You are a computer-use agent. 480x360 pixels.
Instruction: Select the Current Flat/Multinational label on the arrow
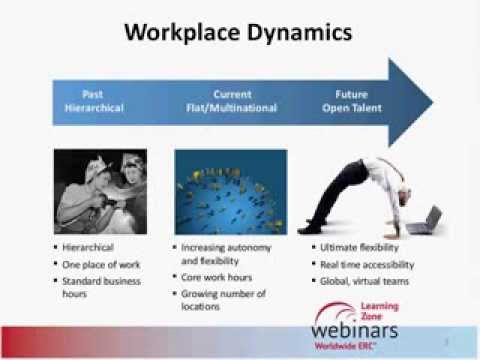231,101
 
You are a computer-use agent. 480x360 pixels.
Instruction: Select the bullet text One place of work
103,263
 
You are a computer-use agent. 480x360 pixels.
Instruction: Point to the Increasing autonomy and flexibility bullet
225,253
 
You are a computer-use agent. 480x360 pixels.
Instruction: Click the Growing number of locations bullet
224,301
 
